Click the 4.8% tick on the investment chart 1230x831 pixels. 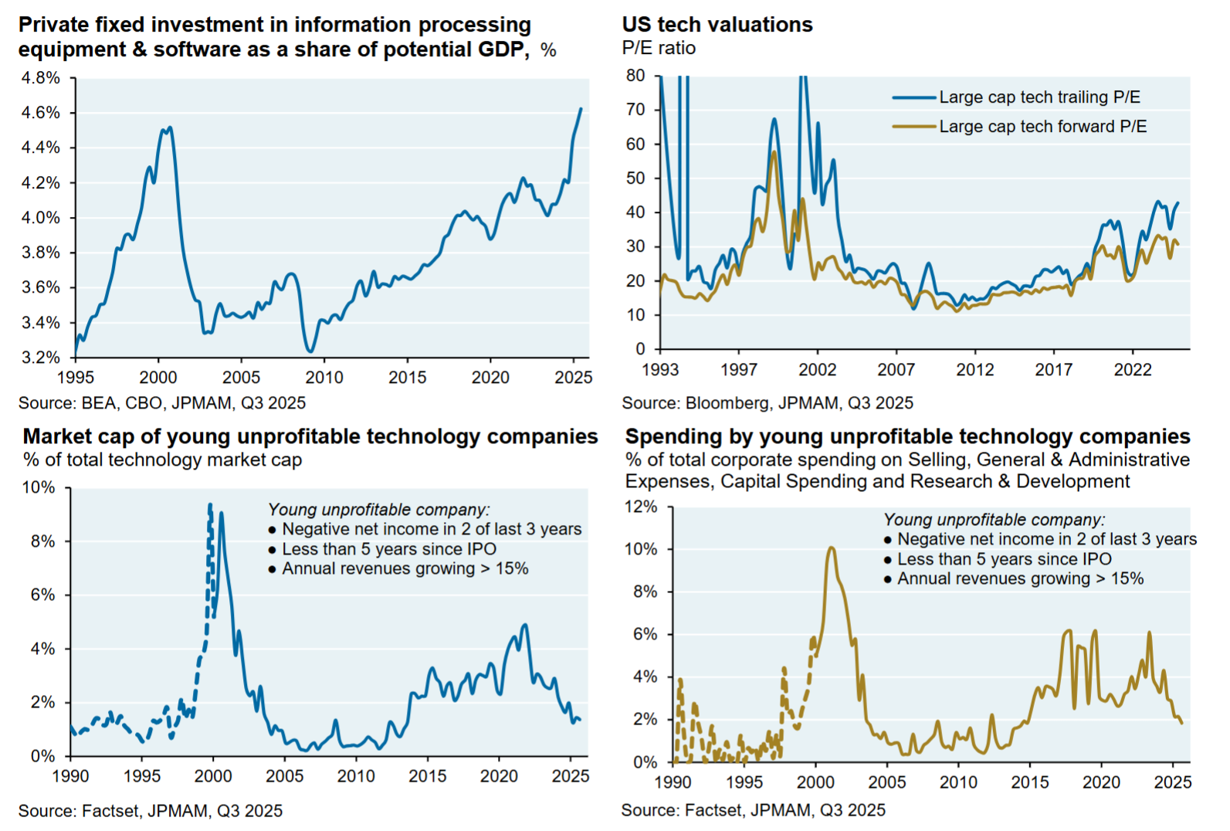pyautogui.click(x=40, y=78)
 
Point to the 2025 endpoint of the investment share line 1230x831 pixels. pyautogui.click(x=581, y=109)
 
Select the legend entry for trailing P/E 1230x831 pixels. pyautogui.click(x=1039, y=97)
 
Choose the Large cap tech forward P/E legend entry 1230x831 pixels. pyautogui.click(x=1042, y=127)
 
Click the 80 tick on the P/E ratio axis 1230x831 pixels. pyautogui.click(x=635, y=76)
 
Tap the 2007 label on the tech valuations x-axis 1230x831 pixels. pyautogui.click(x=896, y=370)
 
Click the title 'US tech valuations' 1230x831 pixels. pyautogui.click(x=717, y=25)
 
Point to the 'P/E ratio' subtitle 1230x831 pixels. pyautogui.click(x=659, y=48)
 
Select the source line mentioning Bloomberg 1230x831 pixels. pyautogui.click(x=767, y=403)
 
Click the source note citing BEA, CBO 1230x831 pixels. pyautogui.click(x=161, y=403)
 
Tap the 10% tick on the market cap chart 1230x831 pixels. pyautogui.click(x=39, y=487)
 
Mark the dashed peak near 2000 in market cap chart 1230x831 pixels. pyautogui.click(x=210, y=506)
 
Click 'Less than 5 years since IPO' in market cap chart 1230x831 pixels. pyautogui.click(x=389, y=549)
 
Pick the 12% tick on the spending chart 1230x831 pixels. pyautogui.click(x=640, y=507)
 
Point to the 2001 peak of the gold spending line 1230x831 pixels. pyautogui.click(x=831, y=548)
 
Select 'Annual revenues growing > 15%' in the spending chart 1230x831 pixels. pyautogui.click(x=1020, y=578)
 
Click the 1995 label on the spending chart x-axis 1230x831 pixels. pyautogui.click(x=744, y=782)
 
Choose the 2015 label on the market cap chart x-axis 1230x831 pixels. pyautogui.click(x=427, y=776)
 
